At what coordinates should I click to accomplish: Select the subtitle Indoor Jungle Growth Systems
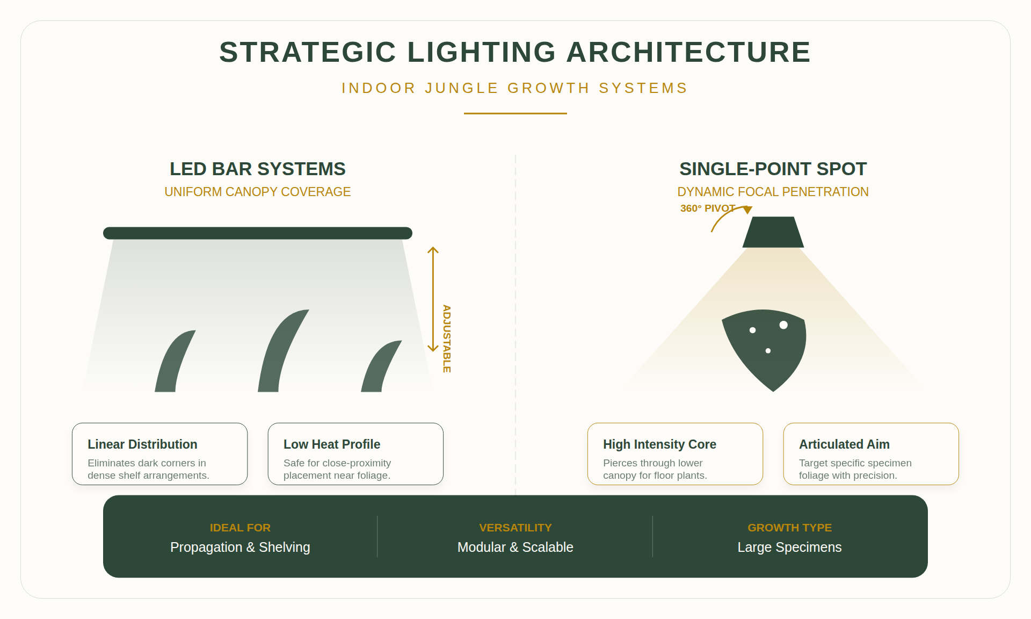click(514, 88)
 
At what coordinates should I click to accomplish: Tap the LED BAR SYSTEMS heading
click(257, 169)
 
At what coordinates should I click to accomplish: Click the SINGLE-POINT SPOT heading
click(773, 169)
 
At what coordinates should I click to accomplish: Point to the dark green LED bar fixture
click(257, 233)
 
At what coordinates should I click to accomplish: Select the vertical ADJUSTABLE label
click(447, 339)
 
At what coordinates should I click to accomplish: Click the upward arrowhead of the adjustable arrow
click(433, 250)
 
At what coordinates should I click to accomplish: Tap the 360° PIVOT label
click(707, 208)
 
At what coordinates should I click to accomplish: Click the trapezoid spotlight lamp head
click(773, 233)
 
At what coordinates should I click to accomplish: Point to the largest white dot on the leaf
click(783, 325)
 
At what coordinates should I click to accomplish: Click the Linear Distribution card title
click(142, 444)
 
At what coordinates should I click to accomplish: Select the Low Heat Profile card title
click(331, 444)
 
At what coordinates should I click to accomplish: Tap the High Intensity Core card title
click(659, 444)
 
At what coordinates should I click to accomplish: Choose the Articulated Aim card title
click(844, 444)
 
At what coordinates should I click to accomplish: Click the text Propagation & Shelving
click(240, 547)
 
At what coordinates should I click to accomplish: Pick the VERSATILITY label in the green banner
click(515, 528)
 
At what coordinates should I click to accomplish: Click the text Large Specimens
click(789, 547)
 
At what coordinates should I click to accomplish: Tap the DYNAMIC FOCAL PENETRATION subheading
click(773, 192)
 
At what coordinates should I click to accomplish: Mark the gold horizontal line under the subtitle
click(515, 113)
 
